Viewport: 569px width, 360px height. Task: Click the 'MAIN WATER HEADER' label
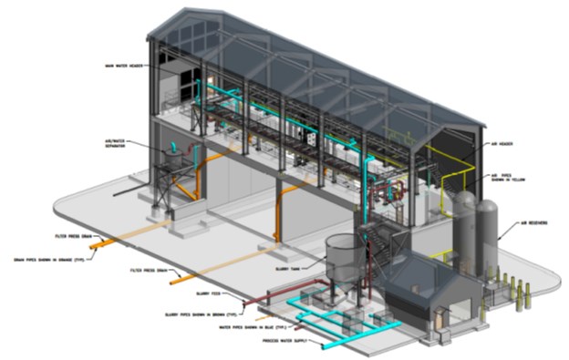pos(125,66)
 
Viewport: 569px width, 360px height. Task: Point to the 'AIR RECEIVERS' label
pos(538,222)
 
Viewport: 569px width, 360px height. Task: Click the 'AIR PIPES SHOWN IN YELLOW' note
pos(509,178)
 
